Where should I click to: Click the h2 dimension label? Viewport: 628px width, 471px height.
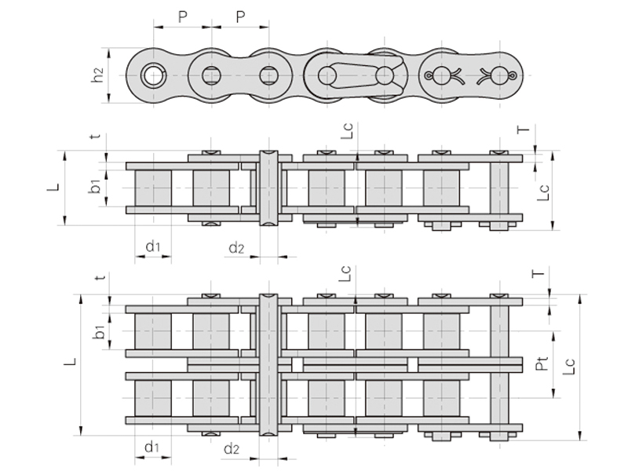click(97, 75)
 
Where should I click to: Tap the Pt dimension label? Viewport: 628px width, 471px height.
click(542, 363)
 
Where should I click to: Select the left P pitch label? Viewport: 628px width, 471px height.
click(183, 16)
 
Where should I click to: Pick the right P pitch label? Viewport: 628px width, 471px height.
click(240, 16)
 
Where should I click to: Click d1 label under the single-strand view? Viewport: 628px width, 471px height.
click(152, 246)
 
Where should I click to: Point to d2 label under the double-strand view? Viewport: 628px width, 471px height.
click(232, 448)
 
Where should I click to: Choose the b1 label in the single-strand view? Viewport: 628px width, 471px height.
click(95, 186)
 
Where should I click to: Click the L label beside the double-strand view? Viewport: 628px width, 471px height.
click(70, 362)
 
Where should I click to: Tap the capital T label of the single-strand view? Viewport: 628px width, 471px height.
click(523, 129)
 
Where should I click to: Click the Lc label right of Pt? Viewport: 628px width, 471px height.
click(568, 366)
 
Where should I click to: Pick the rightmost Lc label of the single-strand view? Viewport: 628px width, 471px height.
click(543, 192)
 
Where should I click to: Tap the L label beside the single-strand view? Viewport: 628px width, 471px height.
click(53, 187)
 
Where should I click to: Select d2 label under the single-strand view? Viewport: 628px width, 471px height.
click(237, 248)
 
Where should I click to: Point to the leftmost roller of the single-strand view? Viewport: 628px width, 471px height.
click(152, 188)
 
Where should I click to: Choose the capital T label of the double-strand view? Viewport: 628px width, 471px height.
click(539, 273)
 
